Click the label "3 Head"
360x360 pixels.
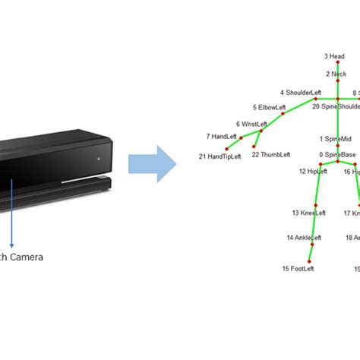point(335,56)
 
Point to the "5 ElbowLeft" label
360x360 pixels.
point(271,108)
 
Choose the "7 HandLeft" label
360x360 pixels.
point(222,137)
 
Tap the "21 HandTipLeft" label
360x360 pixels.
point(219,156)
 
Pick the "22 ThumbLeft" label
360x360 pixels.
point(270,155)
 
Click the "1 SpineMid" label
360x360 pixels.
point(335,139)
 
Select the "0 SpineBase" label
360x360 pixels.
point(337,155)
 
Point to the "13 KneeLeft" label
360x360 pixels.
point(308,213)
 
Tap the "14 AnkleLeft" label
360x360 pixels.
point(305,238)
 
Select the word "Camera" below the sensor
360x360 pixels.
point(27,257)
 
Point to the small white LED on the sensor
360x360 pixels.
point(98,158)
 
